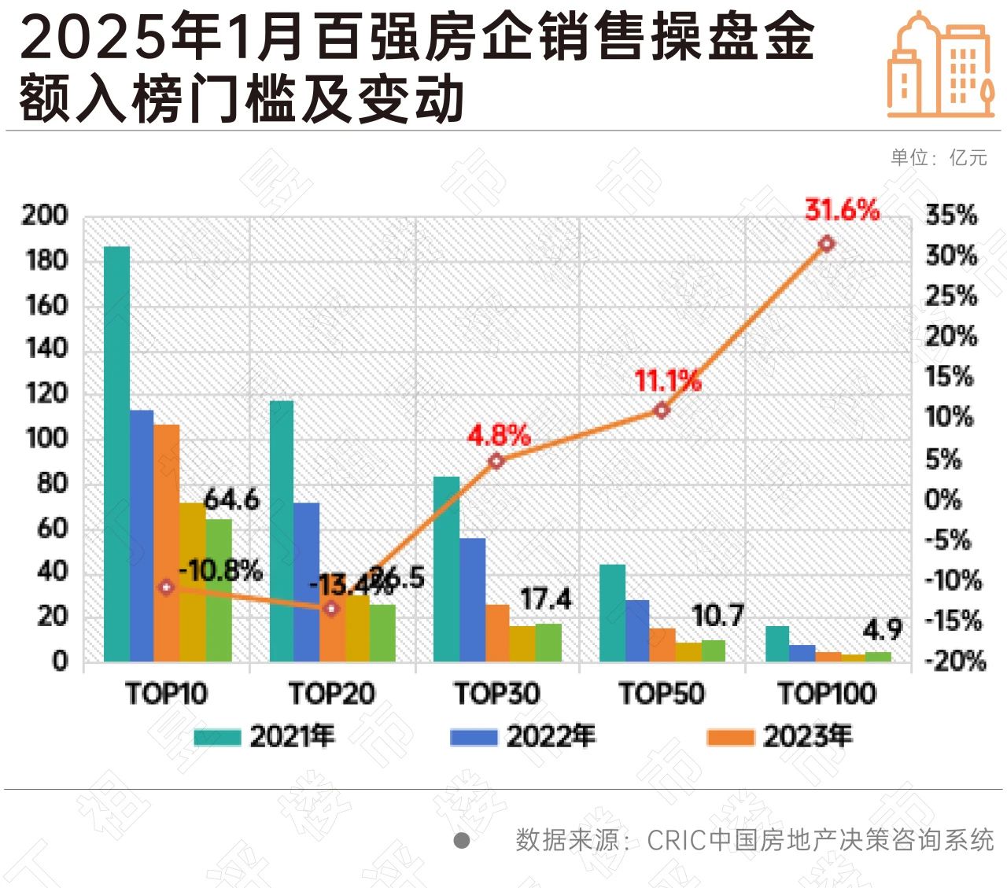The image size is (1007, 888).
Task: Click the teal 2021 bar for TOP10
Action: (117, 453)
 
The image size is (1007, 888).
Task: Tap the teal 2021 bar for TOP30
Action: (446, 568)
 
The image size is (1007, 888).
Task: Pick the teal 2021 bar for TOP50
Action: (612, 612)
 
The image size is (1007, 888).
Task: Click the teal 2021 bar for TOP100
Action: (777, 643)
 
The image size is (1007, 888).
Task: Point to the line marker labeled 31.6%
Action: (826, 244)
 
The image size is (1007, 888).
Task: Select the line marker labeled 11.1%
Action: (662, 410)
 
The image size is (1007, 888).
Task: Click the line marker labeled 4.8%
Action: (496, 461)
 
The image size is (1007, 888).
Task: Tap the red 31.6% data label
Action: (842, 210)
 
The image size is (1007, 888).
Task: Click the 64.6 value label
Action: (231, 499)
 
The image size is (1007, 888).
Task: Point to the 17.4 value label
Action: (546, 599)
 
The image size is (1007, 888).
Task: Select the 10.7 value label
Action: (717, 616)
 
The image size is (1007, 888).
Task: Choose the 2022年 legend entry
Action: (522, 736)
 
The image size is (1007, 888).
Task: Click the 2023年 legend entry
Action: (779, 736)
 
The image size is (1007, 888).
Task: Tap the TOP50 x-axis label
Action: (662, 693)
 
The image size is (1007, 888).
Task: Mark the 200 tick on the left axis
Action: (45, 215)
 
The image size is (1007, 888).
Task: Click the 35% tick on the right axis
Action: (951, 215)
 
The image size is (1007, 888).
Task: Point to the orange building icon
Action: (940, 66)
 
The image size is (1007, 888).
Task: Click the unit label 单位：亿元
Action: (939, 157)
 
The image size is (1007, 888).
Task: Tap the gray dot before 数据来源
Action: (462, 840)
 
